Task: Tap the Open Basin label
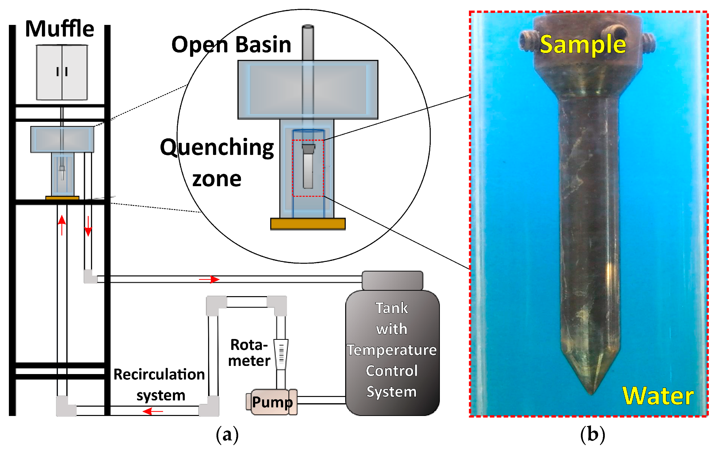tap(231, 45)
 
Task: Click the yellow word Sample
tap(583, 45)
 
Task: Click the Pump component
tap(272, 402)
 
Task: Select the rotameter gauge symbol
tap(281, 354)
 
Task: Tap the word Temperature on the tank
tap(392, 350)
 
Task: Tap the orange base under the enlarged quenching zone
tap(308, 224)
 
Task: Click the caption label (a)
tap(227, 434)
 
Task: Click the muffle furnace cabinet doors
tap(62, 72)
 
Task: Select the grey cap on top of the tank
tap(392, 280)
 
